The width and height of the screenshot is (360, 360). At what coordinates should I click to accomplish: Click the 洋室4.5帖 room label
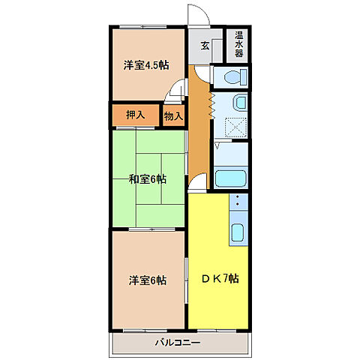coord(146,64)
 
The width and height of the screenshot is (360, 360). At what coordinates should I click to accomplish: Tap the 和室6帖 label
coord(147,179)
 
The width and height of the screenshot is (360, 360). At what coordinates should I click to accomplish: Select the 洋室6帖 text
coord(147,280)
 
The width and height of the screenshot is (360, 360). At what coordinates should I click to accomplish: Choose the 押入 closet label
coord(135,115)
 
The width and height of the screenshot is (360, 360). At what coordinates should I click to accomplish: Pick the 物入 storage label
coord(173,115)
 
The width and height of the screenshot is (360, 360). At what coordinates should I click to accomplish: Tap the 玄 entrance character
coord(205,45)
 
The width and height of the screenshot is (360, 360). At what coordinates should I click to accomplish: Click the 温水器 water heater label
coord(238,44)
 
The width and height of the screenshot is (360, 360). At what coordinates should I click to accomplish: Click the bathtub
coord(232,178)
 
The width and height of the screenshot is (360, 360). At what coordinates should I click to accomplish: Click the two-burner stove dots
coord(238,202)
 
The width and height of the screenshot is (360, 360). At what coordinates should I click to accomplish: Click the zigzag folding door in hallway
coord(212,103)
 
